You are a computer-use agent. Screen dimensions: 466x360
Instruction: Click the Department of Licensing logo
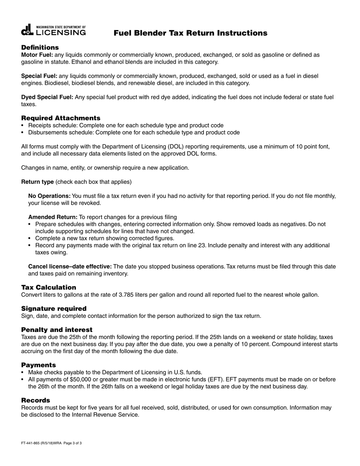coord(53,31)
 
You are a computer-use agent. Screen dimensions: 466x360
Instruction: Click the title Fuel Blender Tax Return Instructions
coord(190,33)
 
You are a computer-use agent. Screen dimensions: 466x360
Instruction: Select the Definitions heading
coord(40,47)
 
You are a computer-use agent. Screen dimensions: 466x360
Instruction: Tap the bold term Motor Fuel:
coord(37,55)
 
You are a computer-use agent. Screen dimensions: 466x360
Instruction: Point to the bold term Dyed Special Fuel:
coord(47,97)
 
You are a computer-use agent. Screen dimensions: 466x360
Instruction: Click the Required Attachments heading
coord(61,118)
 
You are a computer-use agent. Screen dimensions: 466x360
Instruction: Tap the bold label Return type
coord(37,182)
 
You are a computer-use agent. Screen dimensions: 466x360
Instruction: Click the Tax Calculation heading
coord(49,287)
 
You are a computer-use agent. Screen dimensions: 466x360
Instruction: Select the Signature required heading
coord(54,308)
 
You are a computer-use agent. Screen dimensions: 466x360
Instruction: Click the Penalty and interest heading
coord(56,330)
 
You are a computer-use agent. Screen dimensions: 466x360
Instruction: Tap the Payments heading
coord(38,365)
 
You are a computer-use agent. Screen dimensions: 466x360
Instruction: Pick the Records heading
coord(35,400)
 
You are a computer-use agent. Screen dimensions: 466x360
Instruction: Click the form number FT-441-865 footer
coord(51,443)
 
